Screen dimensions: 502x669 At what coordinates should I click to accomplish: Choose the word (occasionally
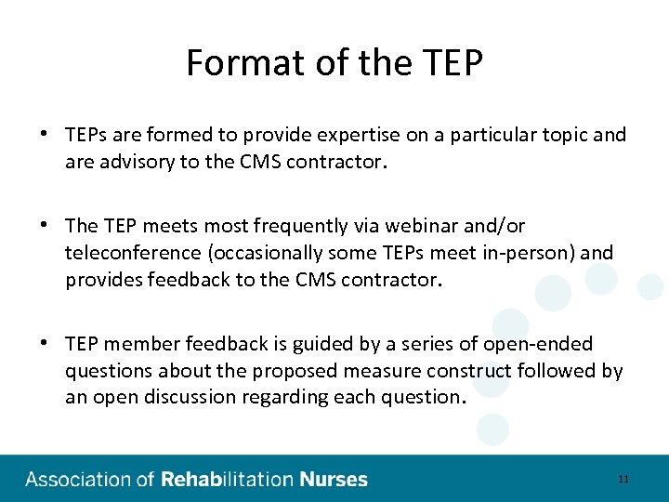coord(276,252)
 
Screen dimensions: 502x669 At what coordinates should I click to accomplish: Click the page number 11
coord(623,479)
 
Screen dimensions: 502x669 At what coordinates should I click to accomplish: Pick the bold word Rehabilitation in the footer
coord(228,480)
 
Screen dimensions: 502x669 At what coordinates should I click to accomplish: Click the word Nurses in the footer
coord(334,480)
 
